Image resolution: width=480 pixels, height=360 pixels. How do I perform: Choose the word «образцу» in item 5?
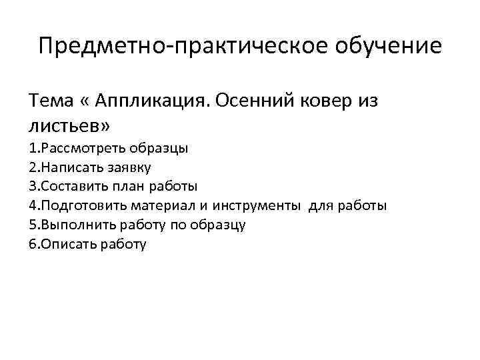coord(218,225)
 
